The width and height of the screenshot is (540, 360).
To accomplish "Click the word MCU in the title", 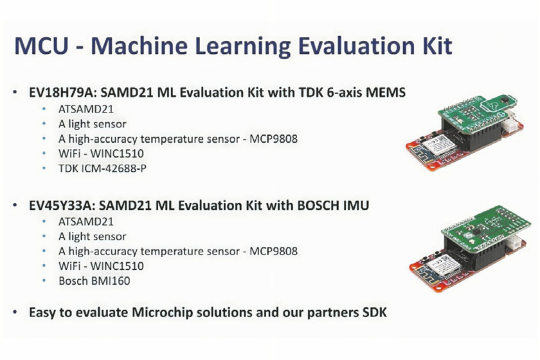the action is point(41,46).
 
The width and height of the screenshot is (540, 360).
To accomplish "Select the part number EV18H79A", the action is point(61,93).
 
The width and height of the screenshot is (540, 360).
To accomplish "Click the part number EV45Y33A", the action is point(61,205).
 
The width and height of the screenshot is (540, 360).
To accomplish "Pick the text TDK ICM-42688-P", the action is point(102,168).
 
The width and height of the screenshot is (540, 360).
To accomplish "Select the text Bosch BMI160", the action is point(94,281).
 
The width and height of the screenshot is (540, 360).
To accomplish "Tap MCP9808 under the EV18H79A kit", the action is point(273,139).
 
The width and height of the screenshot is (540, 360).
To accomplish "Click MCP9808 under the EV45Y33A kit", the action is point(273,251).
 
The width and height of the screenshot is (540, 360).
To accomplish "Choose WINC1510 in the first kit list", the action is point(117,154).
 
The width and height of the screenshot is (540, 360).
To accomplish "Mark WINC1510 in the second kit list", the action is point(117,266).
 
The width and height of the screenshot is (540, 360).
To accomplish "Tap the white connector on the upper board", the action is point(512,125).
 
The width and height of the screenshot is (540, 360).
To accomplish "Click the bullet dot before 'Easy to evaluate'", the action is point(14,312).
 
